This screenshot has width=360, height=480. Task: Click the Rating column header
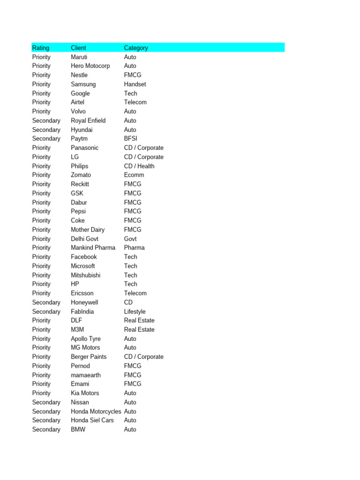[41, 48]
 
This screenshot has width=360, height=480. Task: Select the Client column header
[78, 48]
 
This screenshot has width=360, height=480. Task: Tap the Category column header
[136, 48]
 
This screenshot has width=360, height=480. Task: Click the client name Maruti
[79, 57]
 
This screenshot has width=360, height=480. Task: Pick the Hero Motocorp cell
[90, 66]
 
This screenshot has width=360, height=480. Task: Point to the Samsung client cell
[83, 84]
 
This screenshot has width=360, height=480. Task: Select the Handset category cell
[135, 84]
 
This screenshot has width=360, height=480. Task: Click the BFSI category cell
[131, 139]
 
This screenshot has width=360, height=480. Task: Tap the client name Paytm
[79, 139]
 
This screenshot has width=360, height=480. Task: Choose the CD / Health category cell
[139, 166]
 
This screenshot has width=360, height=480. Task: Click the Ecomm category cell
[134, 175]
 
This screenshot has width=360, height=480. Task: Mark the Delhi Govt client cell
[84, 239]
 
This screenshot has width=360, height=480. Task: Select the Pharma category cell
[135, 247]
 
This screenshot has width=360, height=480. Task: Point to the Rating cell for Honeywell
[46, 302]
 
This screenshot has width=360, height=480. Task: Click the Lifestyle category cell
[135, 311]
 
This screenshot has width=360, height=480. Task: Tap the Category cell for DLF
[139, 321]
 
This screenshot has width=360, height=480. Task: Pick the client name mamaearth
[86, 375]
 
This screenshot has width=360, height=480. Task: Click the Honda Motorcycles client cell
[96, 411]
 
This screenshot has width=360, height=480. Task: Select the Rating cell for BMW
[46, 429]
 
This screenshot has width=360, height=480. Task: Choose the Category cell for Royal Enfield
[130, 120]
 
